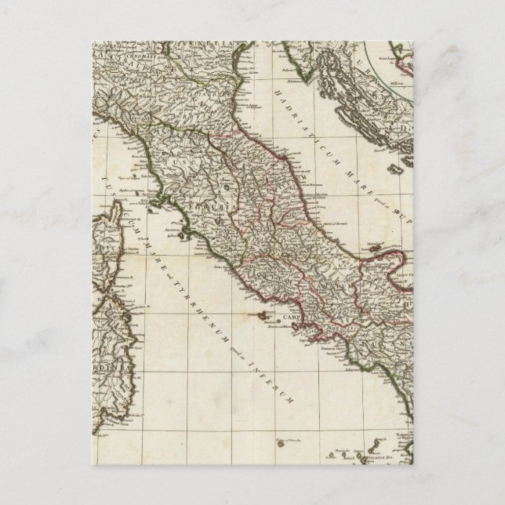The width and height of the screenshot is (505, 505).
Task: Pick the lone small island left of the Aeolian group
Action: (x=280, y=444)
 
